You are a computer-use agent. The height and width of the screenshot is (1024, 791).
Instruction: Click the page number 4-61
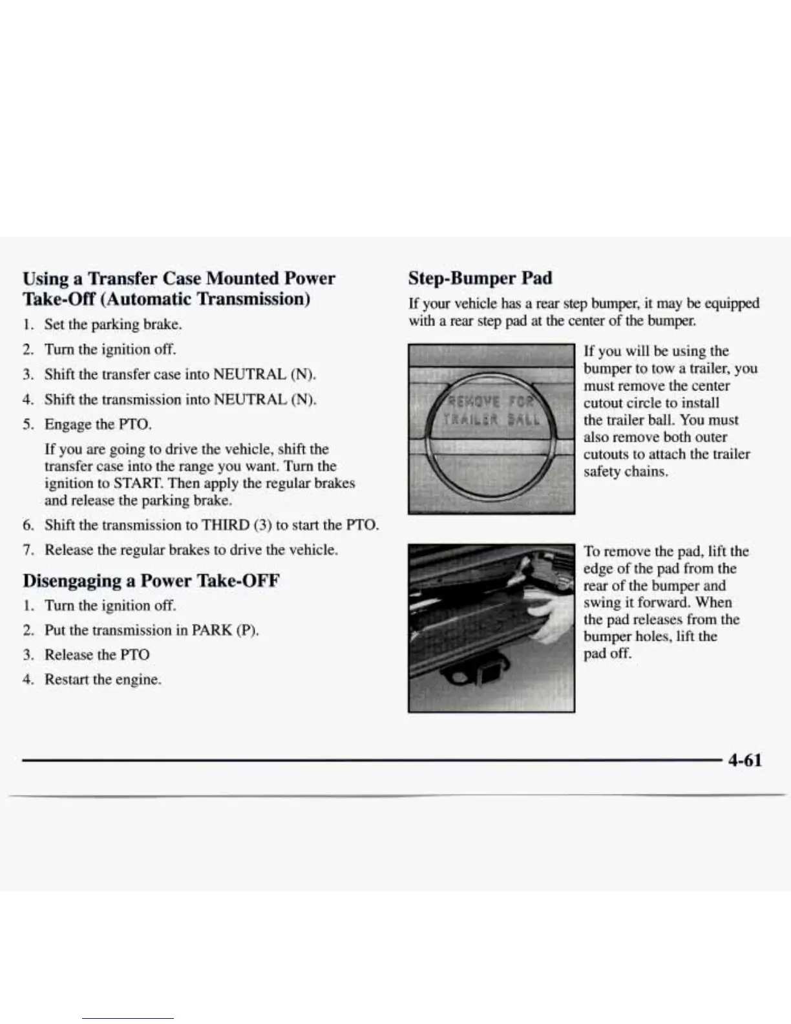coord(744,760)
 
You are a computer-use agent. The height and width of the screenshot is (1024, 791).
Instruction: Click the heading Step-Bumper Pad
coord(480,278)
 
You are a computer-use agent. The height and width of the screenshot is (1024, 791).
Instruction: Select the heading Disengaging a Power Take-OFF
coord(151,580)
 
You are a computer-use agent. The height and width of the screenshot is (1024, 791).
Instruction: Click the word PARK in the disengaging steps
coord(213,630)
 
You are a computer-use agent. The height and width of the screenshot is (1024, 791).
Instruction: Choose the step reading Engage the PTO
coord(98,424)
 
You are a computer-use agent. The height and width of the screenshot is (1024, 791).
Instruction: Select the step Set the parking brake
coord(112,324)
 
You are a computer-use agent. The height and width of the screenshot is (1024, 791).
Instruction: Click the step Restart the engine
coord(102,679)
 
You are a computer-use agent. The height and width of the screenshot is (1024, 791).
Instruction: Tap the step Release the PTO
coord(96,654)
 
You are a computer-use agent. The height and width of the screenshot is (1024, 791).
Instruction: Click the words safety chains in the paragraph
coord(625,471)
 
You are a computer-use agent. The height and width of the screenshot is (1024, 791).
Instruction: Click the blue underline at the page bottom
coord(128,1019)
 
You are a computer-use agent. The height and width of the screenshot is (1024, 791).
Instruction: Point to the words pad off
coord(607,653)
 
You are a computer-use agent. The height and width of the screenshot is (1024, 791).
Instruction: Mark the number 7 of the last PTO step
coord(26,550)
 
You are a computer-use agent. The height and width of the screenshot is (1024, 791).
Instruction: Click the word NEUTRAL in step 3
coord(249,374)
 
